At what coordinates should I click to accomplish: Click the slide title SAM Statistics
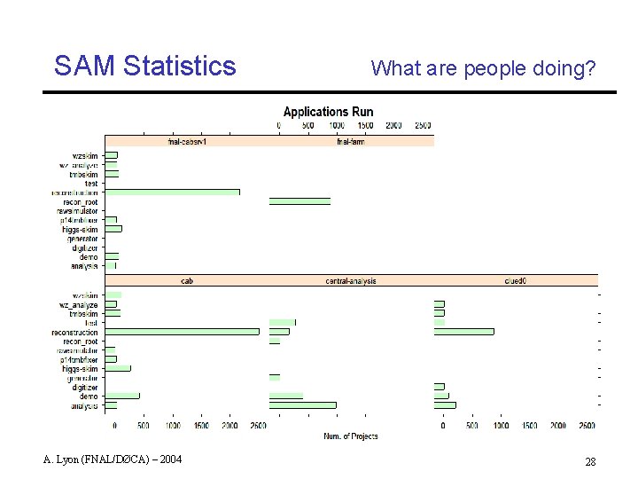pos(144,66)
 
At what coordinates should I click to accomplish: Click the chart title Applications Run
pos(328,112)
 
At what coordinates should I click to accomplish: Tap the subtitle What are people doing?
pos(483,68)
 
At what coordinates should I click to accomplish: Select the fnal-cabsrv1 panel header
pos(187,141)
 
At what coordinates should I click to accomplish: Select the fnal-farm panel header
pos(351,141)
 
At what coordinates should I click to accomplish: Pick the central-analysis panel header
pos(351,281)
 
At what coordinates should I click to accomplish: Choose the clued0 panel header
pos(515,281)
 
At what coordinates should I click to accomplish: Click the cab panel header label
pos(187,281)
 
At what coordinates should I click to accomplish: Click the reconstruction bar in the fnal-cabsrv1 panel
pos(172,192)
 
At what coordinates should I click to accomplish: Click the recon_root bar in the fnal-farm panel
pos(300,201)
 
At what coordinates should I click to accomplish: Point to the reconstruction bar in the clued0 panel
pos(463,332)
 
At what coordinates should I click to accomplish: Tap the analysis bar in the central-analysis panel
pos(302,405)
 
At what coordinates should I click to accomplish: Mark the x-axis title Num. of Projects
pos(351,436)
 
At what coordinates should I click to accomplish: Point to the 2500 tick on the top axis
pos(423,126)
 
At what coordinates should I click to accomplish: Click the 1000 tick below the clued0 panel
pos(501,426)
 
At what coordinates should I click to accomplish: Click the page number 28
pos(589,462)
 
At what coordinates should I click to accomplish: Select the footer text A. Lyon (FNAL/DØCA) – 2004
pos(112,459)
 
